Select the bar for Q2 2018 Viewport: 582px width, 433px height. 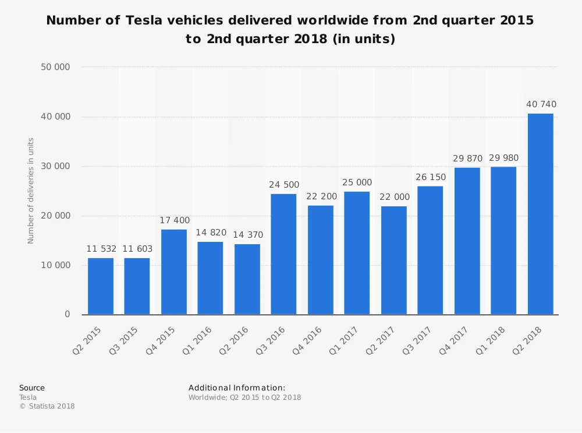(540, 214)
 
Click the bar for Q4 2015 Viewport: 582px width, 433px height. (174, 272)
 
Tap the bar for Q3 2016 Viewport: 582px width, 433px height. (283, 254)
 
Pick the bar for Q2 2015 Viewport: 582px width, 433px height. (101, 286)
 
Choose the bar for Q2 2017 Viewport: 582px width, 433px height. (394, 260)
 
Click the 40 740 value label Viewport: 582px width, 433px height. (540, 105)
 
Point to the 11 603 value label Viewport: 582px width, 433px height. (137, 249)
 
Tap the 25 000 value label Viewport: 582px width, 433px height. (357, 183)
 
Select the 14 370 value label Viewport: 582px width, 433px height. (247, 235)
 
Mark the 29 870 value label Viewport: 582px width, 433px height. (467, 159)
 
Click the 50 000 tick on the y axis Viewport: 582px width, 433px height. (55, 67)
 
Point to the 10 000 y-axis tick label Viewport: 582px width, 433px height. (55, 265)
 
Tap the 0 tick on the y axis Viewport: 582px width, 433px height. (67, 315)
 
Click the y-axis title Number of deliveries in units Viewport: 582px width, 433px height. (31, 191)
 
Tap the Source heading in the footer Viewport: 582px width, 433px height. (31, 388)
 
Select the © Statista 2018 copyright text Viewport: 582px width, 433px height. (47, 406)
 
